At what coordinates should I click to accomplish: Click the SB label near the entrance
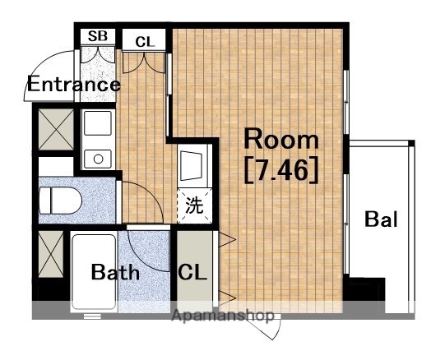(98, 36)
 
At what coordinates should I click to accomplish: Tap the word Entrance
(74, 84)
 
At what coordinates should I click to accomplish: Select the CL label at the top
(145, 42)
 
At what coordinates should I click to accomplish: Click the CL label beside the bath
(192, 272)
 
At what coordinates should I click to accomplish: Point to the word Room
(281, 139)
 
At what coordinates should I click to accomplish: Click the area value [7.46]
(280, 169)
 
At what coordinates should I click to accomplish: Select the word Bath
(115, 272)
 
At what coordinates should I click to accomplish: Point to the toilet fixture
(60, 201)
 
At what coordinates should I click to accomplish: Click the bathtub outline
(94, 272)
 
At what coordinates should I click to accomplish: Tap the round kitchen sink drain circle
(98, 159)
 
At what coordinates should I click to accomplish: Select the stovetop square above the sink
(98, 123)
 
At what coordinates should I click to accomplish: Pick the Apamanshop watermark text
(223, 316)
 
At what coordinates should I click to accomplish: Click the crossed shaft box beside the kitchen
(56, 129)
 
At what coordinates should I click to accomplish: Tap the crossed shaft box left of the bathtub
(51, 254)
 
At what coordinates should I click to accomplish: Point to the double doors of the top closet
(144, 62)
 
